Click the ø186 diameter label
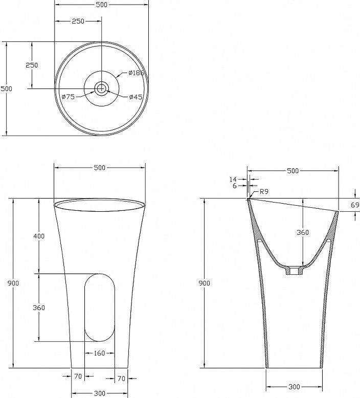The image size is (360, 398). (x=136, y=73)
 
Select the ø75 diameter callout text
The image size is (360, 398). (x=68, y=97)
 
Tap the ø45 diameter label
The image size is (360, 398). (x=136, y=97)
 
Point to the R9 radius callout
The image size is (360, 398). (x=264, y=191)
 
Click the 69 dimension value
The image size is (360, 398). (x=355, y=205)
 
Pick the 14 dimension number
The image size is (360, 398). (x=233, y=180)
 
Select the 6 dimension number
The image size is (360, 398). (x=234, y=186)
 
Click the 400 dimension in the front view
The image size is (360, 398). (x=39, y=236)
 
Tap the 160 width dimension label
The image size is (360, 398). (x=99, y=353)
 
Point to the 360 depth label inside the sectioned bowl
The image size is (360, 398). (x=303, y=232)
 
